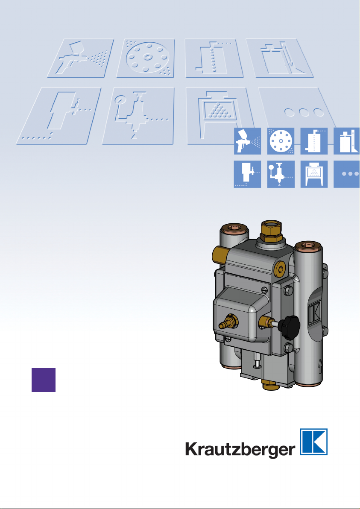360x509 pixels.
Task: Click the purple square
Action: (x=44, y=380)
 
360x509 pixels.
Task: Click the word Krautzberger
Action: (x=240, y=450)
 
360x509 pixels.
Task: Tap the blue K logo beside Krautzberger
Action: (x=313, y=442)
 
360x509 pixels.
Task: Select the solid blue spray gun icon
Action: (x=247, y=141)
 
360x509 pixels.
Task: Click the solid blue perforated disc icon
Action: (x=281, y=141)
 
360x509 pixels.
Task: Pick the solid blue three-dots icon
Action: (x=347, y=174)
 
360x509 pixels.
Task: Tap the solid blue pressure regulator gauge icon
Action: (x=281, y=174)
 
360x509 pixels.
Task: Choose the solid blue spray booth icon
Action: (x=314, y=174)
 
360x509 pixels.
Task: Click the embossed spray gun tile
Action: (x=81, y=59)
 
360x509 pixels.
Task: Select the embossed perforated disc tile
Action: (x=146, y=59)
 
